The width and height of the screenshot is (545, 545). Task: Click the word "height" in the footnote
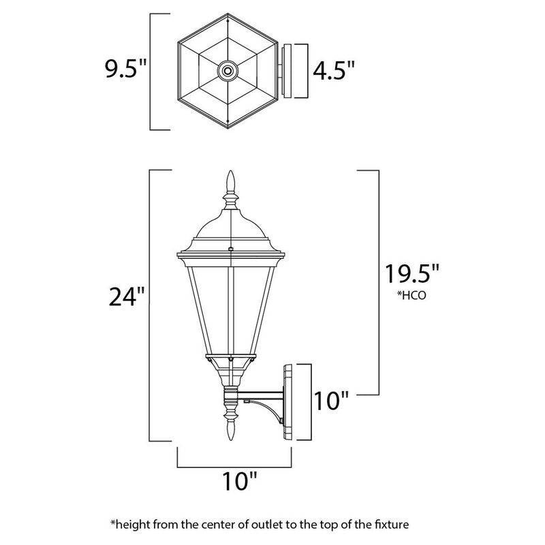click(134, 525)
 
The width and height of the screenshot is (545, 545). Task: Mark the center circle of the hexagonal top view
click(227, 69)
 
